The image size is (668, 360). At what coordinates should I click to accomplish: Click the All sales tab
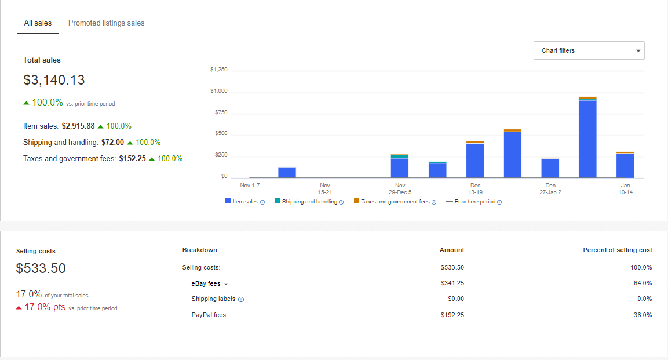coord(38,23)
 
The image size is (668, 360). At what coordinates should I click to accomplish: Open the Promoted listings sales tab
coord(106,23)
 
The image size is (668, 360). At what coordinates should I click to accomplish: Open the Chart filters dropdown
coord(589,50)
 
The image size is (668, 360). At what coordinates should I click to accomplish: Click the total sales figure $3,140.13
coord(54,80)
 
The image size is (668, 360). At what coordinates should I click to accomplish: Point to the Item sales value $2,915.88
coord(78,126)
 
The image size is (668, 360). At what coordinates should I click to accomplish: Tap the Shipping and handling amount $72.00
coord(112,142)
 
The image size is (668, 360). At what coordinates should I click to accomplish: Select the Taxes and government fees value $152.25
coord(133,158)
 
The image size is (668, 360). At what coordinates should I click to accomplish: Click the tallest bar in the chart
coord(587,137)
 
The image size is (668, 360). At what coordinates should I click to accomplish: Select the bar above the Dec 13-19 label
coord(475,159)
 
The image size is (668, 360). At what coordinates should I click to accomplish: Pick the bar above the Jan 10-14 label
coord(625,165)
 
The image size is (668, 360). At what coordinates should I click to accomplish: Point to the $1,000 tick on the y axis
coord(218,91)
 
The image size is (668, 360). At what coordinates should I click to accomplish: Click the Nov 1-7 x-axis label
coord(250,186)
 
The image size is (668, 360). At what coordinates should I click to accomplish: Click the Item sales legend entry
coord(245,202)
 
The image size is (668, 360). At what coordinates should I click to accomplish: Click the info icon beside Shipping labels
coord(241,299)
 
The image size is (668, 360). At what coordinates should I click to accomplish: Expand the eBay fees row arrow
coord(226,284)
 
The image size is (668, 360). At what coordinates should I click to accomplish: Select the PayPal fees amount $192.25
coord(452,315)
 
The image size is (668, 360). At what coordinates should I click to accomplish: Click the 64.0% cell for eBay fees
coord(643,283)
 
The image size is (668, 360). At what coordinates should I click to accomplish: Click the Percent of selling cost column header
coord(617,250)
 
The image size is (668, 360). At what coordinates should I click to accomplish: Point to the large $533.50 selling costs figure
coord(41,268)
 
